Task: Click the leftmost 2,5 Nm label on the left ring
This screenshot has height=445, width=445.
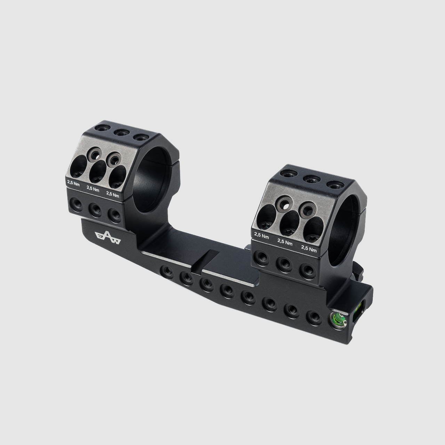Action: (x=73, y=183)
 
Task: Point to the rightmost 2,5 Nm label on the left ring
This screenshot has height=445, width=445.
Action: (x=112, y=194)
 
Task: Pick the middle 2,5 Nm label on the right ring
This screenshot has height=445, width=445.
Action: (x=285, y=242)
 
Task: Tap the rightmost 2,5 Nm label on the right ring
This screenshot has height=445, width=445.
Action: (x=309, y=249)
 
